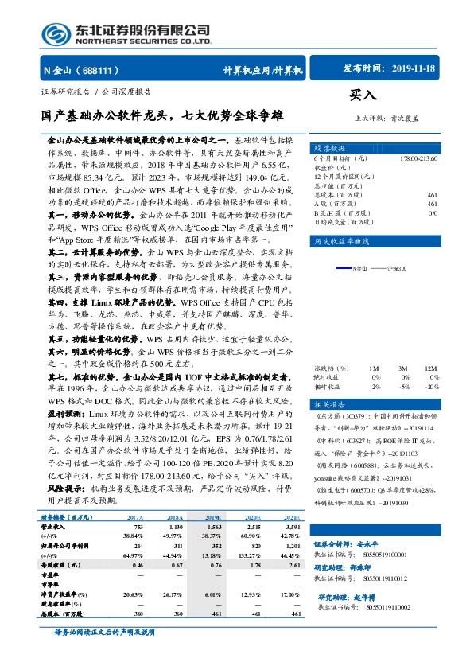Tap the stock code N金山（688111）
point(75,71)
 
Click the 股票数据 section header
point(328,149)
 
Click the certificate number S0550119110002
point(377,606)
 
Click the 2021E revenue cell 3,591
point(291,527)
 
